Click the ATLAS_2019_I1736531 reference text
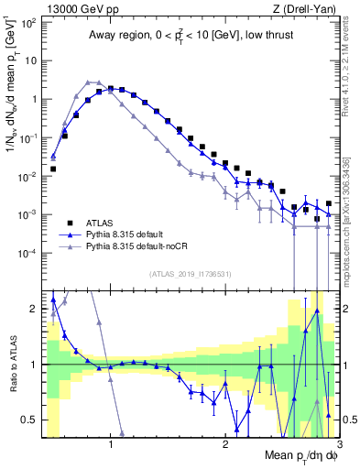pos(189,274)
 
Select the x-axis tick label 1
pos(111,448)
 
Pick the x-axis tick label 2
pos(225,448)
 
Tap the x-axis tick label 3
pos(338,448)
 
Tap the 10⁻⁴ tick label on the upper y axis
pos(27,253)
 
